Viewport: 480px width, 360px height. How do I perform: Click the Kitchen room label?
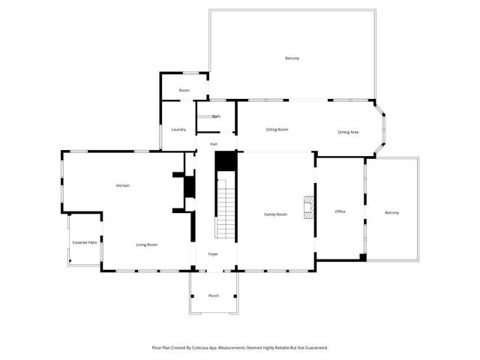pyautogui.click(x=122, y=185)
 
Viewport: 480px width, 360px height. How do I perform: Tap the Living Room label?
pyautogui.click(x=146, y=244)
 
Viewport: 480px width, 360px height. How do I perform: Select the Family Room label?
pyautogui.click(x=275, y=214)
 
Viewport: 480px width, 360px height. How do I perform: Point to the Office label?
pyautogui.click(x=340, y=211)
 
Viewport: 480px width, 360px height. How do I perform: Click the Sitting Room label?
pyautogui.click(x=277, y=129)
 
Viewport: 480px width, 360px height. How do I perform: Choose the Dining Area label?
pyautogui.click(x=348, y=132)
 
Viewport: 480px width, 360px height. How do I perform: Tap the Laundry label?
pyautogui.click(x=178, y=129)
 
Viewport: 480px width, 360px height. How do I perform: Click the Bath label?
pyautogui.click(x=216, y=116)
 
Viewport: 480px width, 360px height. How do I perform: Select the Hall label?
pyautogui.click(x=214, y=144)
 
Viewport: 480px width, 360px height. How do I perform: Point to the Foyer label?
pyautogui.click(x=214, y=255)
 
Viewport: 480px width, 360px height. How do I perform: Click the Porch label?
pyautogui.click(x=214, y=295)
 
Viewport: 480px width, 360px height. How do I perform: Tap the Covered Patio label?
pyautogui.click(x=85, y=242)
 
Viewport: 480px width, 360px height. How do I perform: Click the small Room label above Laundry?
pyautogui.click(x=184, y=90)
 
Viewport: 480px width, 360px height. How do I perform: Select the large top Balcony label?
pyautogui.click(x=292, y=58)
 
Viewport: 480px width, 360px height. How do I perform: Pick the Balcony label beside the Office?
pyautogui.click(x=392, y=213)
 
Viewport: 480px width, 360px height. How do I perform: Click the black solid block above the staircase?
pyautogui.click(x=226, y=161)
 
